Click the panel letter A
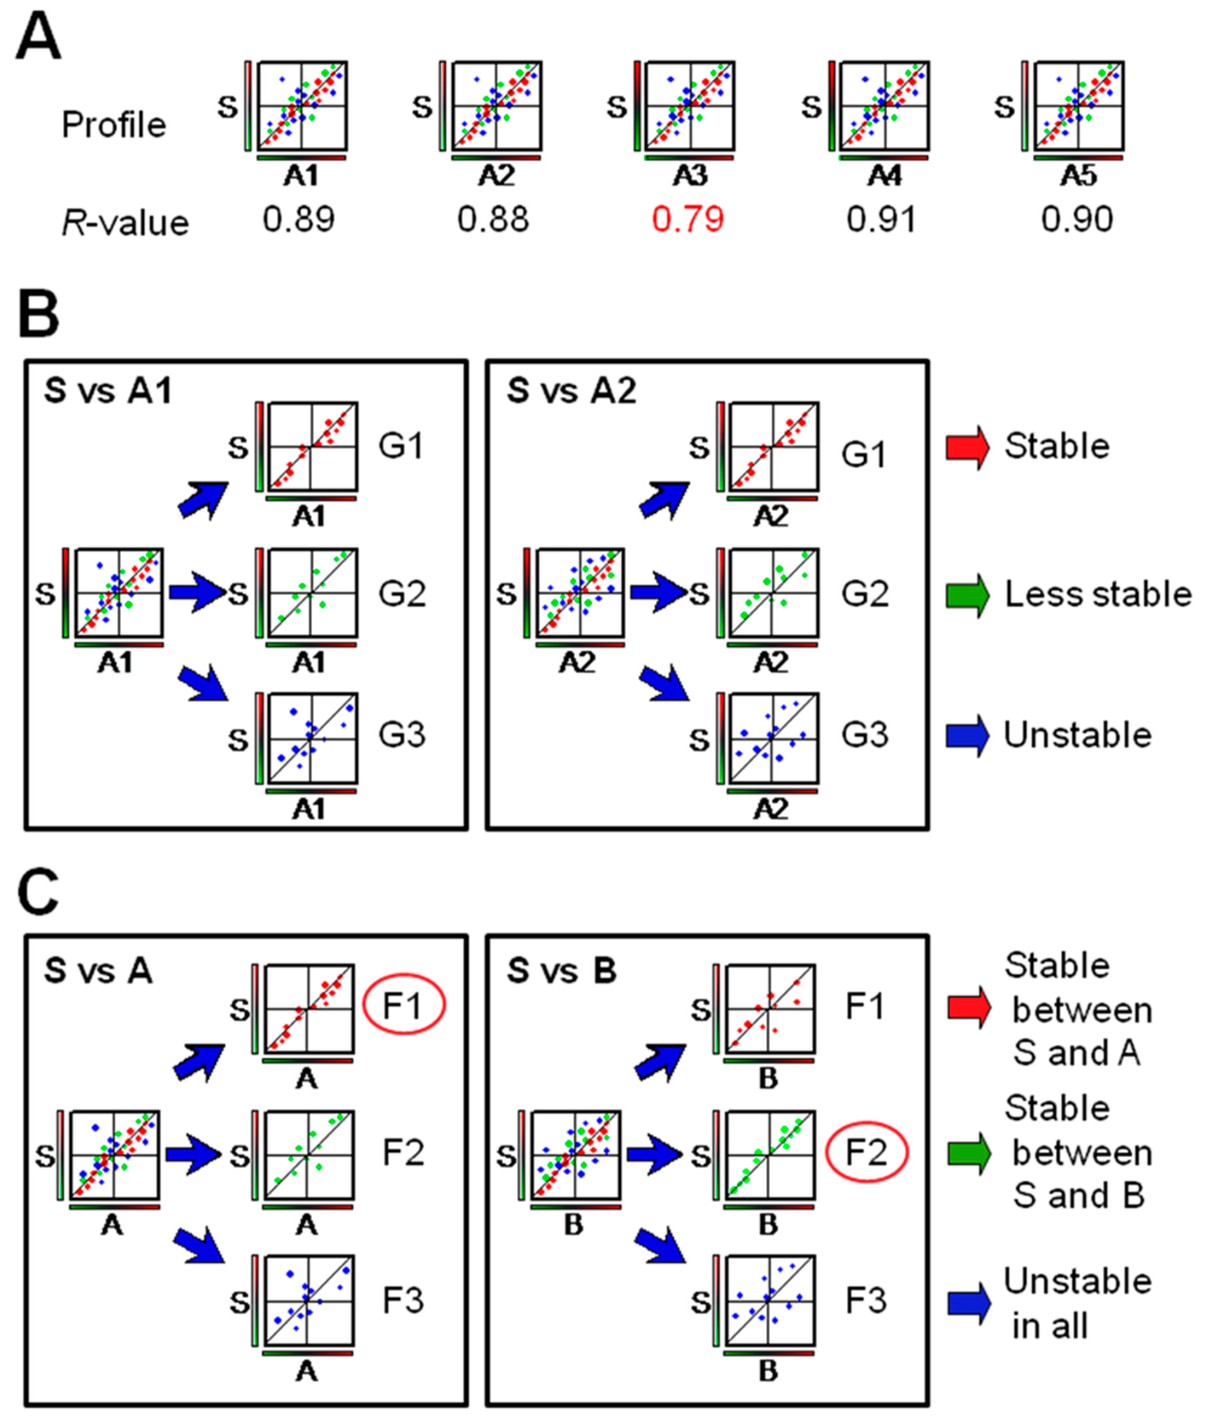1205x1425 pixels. tap(39, 39)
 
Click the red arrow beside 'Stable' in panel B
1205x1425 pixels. tap(967, 447)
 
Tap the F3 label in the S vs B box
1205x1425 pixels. tap(866, 1301)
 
